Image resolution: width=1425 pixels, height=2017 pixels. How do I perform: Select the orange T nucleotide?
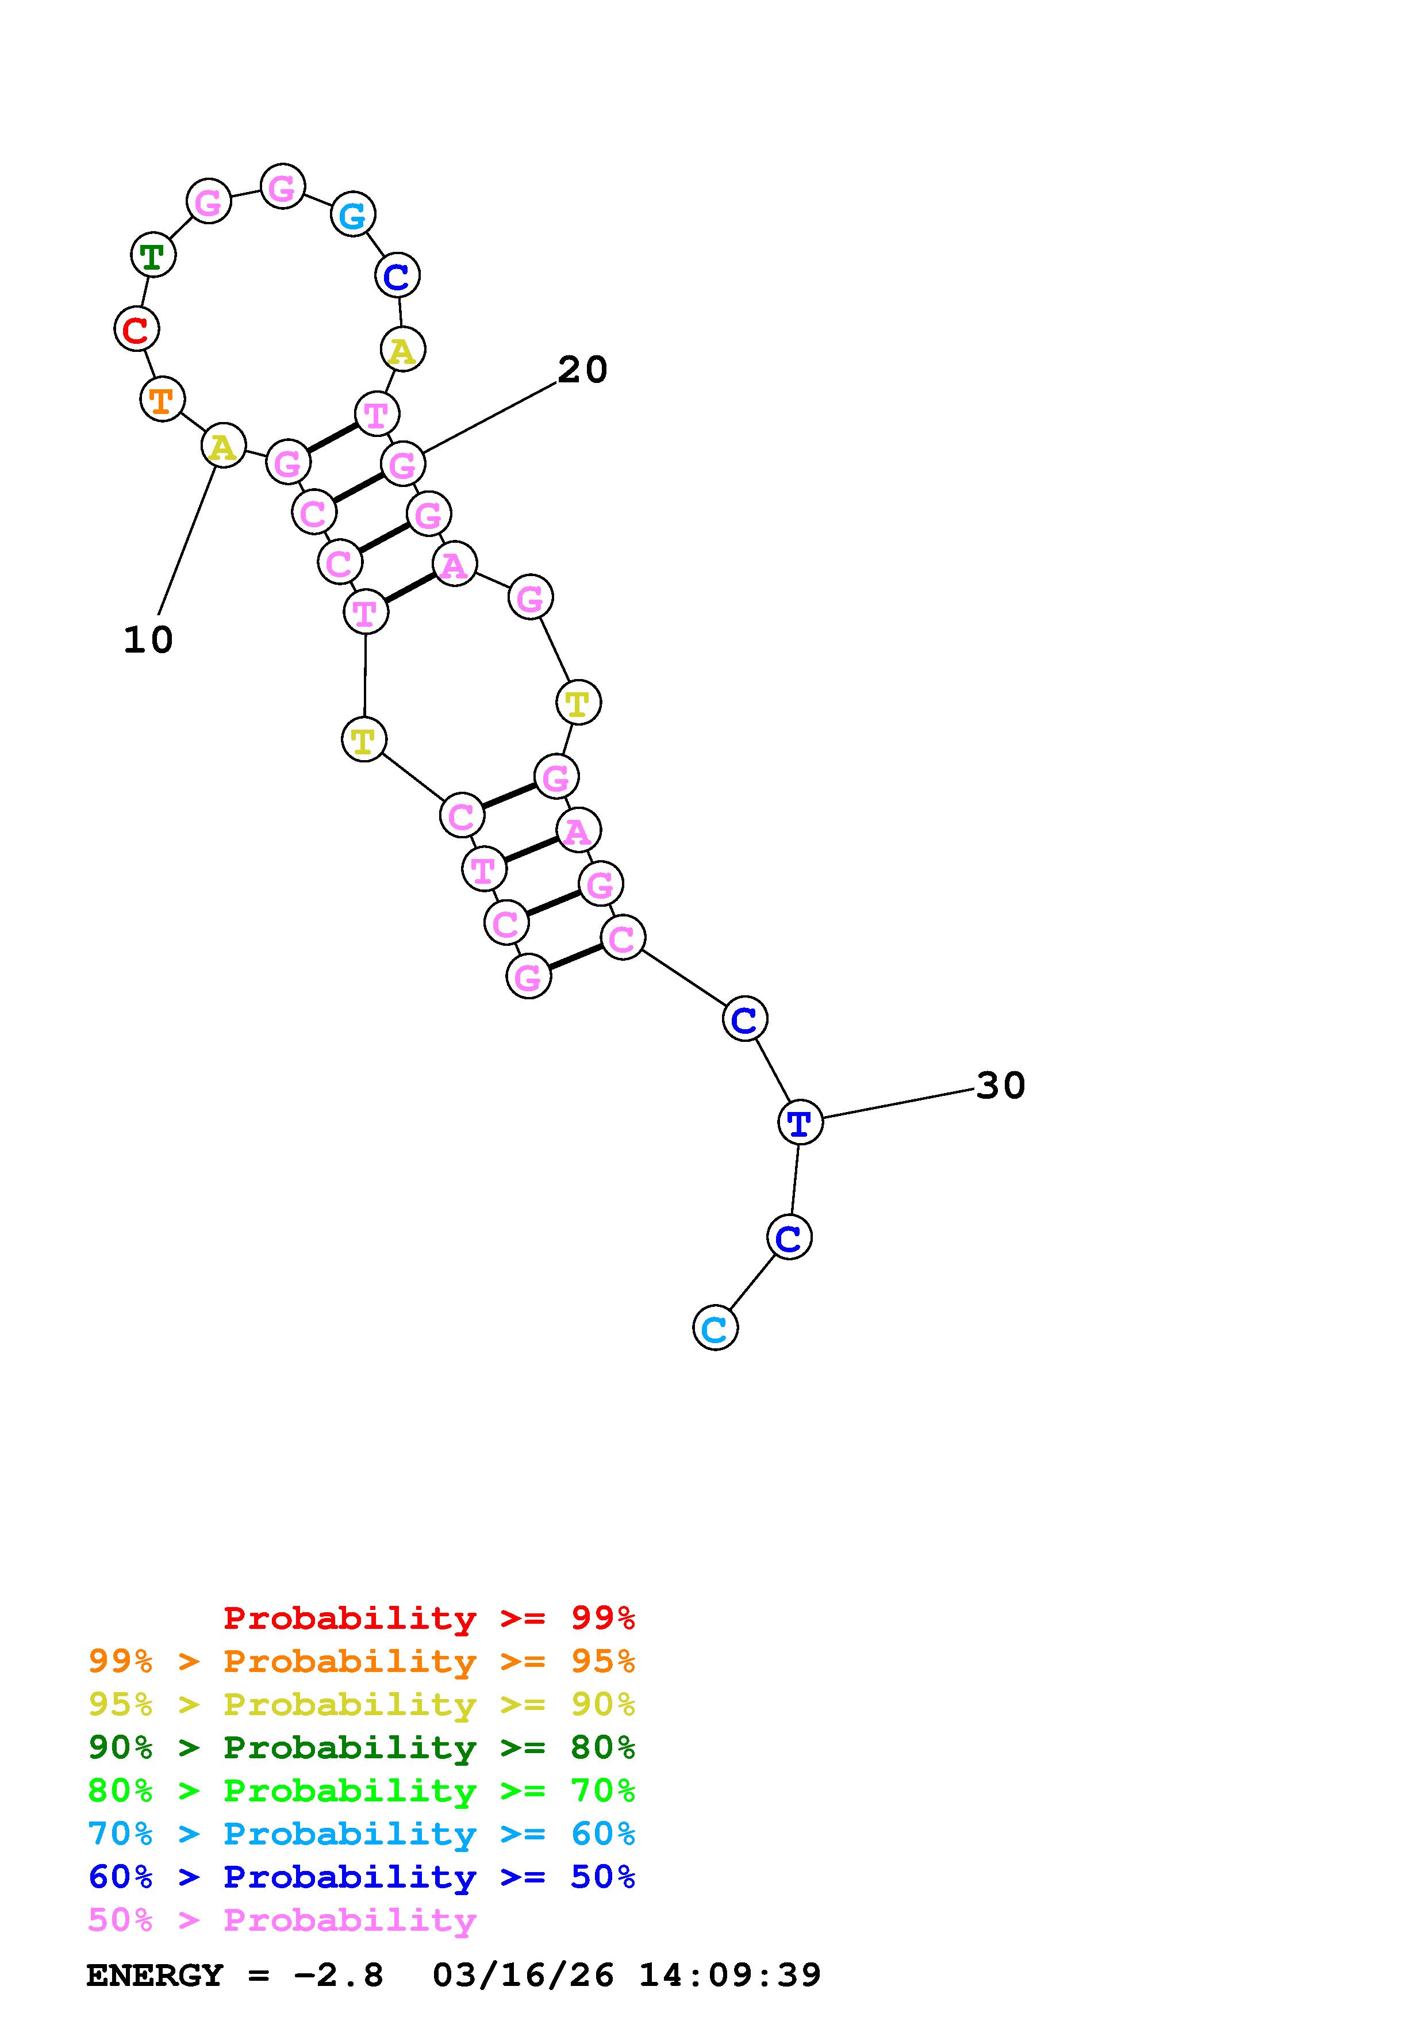(162, 400)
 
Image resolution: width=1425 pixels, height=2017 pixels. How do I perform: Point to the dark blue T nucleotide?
(799, 1122)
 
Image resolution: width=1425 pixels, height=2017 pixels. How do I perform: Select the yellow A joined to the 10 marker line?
(223, 446)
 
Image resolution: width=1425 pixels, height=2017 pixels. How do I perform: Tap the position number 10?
(148, 641)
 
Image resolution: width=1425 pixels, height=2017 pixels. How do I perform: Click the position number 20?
(582, 370)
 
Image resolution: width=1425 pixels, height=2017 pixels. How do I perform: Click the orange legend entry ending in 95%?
(362, 1661)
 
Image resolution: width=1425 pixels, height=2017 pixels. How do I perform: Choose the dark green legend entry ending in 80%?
(362, 1747)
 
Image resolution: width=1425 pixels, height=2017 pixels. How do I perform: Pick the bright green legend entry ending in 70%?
(362, 1790)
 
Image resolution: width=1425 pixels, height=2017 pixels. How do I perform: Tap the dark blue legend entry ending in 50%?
(362, 1877)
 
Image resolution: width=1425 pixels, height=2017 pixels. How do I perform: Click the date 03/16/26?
(523, 1975)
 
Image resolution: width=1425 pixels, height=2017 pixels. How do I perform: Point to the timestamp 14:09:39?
(729, 1975)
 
